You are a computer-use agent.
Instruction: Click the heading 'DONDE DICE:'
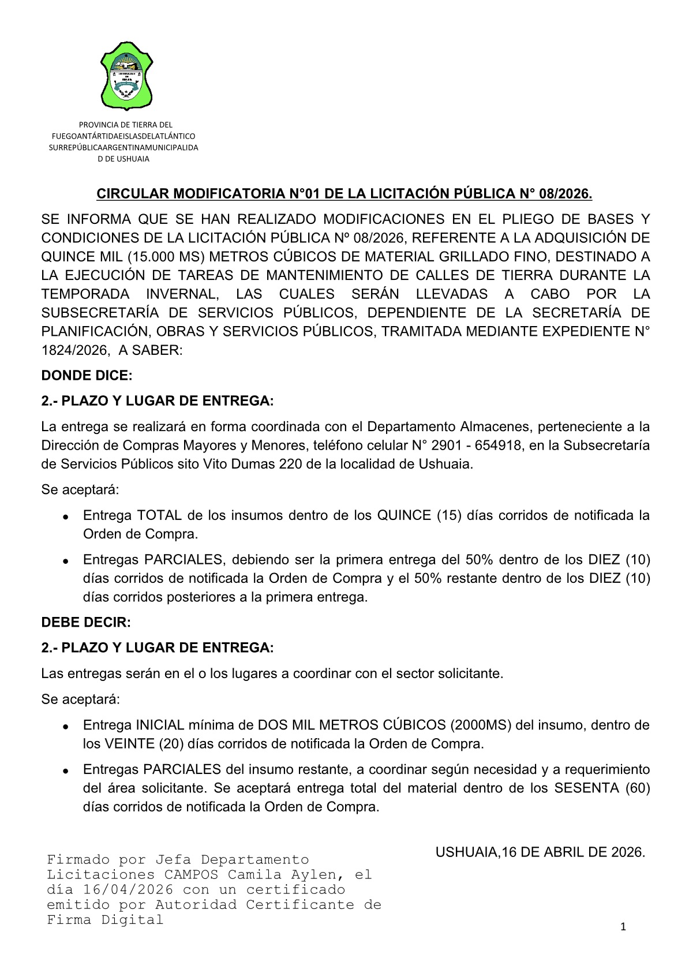click(87, 376)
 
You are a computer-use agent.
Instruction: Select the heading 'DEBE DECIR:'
click(86, 623)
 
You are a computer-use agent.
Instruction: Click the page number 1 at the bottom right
click(623, 927)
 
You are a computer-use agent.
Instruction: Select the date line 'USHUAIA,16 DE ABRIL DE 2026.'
click(540, 852)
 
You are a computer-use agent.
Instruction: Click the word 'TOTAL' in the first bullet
click(159, 515)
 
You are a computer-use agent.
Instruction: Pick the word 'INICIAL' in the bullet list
click(159, 725)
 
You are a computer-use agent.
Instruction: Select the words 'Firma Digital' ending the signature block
click(105, 920)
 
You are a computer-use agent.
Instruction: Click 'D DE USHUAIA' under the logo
click(123, 159)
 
